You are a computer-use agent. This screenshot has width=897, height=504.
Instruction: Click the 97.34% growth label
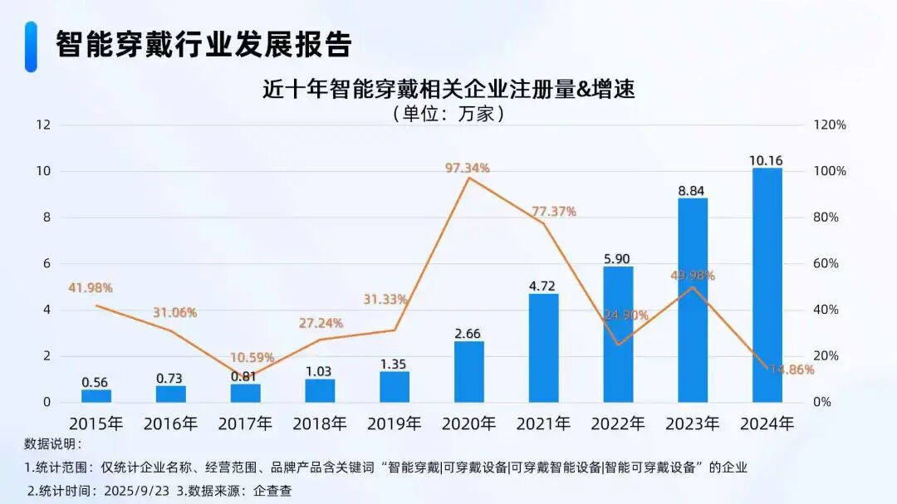point(468,168)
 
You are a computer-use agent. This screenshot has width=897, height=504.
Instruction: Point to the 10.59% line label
point(252,357)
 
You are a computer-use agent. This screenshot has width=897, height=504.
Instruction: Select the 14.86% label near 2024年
point(791,370)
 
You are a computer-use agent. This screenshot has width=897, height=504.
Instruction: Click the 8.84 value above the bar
point(692,190)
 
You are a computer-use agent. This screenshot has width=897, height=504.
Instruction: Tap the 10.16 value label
point(766,160)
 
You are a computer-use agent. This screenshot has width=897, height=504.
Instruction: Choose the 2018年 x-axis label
point(320,423)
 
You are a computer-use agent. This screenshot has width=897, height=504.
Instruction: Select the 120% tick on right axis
point(829,125)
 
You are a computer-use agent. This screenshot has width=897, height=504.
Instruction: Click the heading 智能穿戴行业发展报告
point(203,44)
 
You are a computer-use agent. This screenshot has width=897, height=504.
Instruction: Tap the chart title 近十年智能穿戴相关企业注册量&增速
point(448,89)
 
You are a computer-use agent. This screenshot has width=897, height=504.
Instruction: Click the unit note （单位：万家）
point(448,114)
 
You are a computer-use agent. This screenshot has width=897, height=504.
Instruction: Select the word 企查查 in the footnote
point(272,490)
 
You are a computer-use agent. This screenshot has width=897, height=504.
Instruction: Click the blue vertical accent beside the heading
point(31,46)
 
